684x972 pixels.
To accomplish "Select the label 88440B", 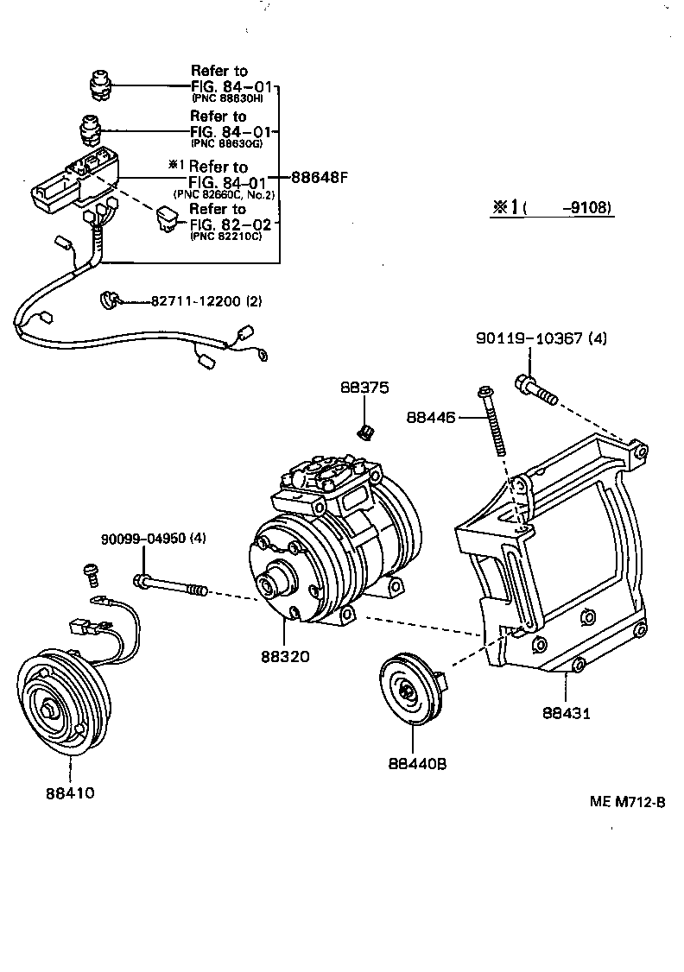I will coord(417,764).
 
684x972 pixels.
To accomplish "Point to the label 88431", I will coord(567,713).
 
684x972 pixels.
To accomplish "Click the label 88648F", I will coord(319,179).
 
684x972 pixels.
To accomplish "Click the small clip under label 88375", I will coord(365,429).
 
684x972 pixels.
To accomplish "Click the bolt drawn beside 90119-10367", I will coord(536,388).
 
